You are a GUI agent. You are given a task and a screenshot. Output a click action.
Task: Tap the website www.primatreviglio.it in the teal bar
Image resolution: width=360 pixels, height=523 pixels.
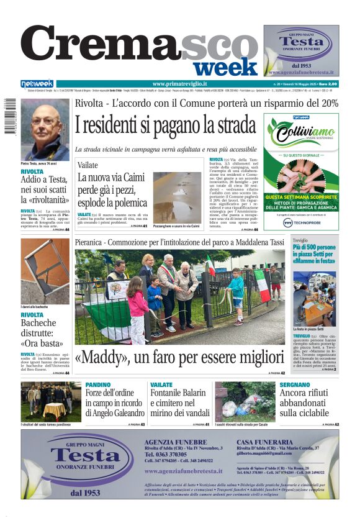(x=179, y=84)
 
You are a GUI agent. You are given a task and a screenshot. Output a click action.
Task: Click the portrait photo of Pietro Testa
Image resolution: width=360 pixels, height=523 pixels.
(x=45, y=129)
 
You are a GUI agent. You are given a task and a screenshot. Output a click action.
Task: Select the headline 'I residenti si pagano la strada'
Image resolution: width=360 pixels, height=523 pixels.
(x=165, y=125)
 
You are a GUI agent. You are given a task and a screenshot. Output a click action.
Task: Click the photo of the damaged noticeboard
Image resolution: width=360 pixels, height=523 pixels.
(x=45, y=271)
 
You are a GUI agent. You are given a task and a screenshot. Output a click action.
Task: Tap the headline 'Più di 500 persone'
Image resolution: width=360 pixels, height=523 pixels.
(x=314, y=247)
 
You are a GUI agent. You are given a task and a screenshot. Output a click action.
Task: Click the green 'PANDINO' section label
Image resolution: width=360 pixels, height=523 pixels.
(x=97, y=385)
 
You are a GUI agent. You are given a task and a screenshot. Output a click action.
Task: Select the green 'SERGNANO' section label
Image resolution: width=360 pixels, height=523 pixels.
(x=294, y=385)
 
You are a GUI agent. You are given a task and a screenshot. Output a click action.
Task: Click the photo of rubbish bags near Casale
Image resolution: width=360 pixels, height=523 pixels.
(x=245, y=401)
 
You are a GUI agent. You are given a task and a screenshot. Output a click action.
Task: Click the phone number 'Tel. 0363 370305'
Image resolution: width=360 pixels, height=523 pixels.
(x=167, y=455)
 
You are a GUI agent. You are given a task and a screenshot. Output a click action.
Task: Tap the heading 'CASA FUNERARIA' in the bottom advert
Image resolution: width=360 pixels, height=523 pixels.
(x=261, y=441)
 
